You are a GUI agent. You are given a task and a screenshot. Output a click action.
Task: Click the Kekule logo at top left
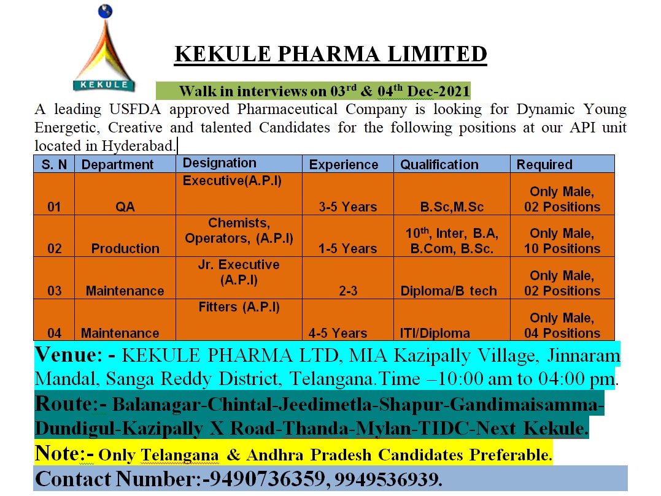click(103, 49)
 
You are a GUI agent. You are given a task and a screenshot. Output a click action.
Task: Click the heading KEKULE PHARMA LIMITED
click(330, 54)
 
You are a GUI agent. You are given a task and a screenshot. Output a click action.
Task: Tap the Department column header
click(117, 164)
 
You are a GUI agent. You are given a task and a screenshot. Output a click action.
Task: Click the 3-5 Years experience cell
click(347, 207)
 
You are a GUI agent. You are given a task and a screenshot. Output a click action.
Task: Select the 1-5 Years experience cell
click(347, 248)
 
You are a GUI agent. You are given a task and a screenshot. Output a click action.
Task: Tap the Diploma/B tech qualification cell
click(449, 291)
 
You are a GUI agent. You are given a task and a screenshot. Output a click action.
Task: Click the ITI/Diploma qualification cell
click(435, 333)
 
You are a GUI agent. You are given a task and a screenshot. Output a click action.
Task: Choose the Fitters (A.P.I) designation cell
click(239, 307)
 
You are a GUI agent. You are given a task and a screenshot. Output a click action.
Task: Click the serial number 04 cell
click(54, 333)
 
